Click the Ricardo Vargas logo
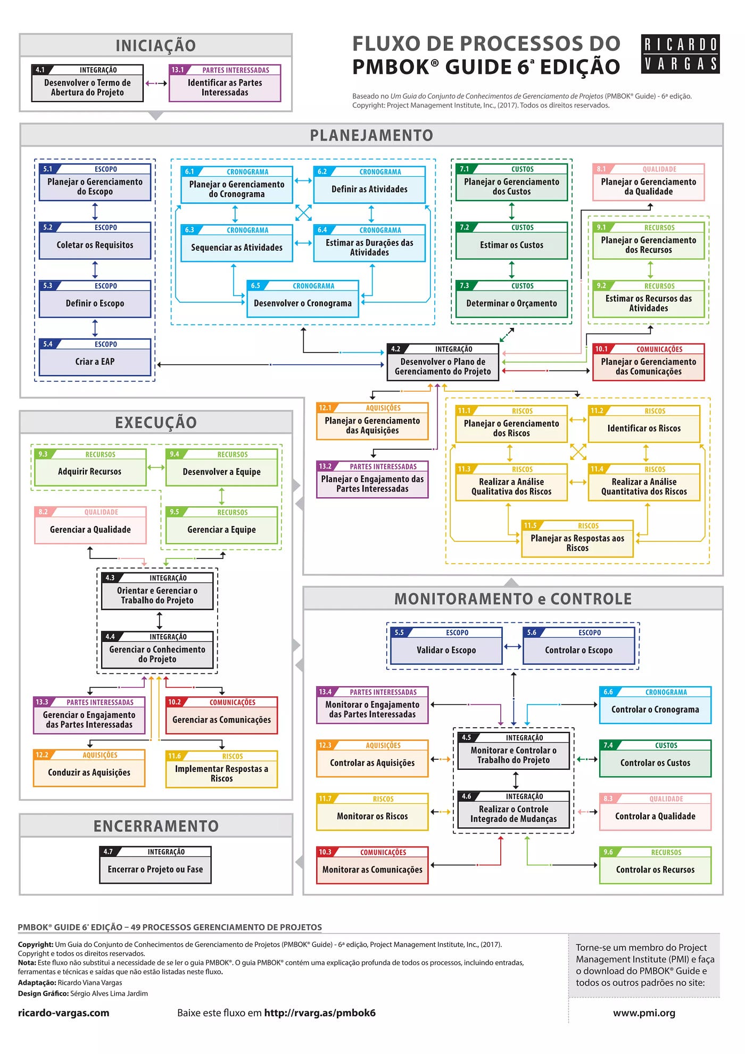click(680, 54)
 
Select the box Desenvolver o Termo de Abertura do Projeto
click(87, 84)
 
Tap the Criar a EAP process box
click(95, 357)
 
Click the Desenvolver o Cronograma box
click(302, 299)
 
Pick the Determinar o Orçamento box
click(511, 299)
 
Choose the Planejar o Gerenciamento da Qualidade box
click(648, 183)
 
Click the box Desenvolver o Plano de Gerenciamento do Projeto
click(443, 363)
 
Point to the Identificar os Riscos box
click(644, 424)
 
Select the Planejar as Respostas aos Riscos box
click(577, 539)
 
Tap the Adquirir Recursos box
click(89, 467)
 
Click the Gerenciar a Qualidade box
click(90, 525)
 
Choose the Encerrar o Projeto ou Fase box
click(155, 865)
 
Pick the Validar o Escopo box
click(446, 646)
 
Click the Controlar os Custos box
click(655, 759)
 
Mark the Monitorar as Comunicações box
click(372, 866)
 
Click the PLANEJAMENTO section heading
click(371, 135)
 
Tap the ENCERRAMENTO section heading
click(156, 826)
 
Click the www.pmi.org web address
click(644, 1013)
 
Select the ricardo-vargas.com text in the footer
click(63, 1013)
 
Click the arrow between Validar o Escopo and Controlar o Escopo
click(512, 647)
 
